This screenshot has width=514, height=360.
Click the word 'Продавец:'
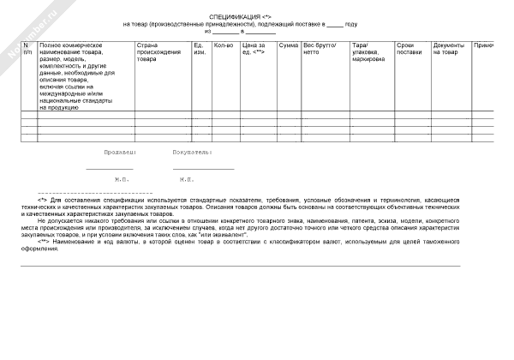(x=119, y=151)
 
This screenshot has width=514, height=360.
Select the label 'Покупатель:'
(x=192, y=151)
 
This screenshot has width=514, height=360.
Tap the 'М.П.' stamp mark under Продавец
(x=122, y=180)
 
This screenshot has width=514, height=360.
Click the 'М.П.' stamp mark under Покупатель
(x=187, y=180)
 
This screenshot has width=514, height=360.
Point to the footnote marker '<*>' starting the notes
(x=44, y=200)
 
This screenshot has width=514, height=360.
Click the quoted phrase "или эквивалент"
(x=224, y=233)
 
